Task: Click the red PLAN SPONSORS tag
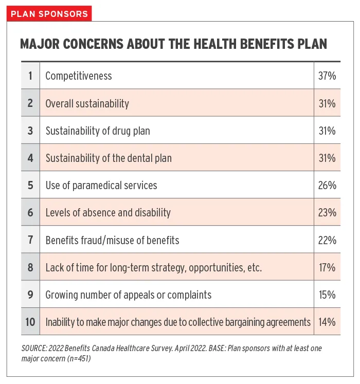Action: [49, 13]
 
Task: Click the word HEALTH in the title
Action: [215, 44]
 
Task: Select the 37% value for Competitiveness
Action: [327, 76]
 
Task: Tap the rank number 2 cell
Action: [30, 103]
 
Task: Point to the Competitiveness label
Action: [79, 76]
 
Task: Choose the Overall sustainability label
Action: [87, 104]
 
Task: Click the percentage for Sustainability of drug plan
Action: [327, 131]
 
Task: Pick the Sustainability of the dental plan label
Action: [109, 158]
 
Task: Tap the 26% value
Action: [327, 185]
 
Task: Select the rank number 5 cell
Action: [30, 185]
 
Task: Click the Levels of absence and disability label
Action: [108, 213]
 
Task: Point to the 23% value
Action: [327, 213]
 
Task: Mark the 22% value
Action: [327, 240]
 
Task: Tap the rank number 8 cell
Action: [30, 267]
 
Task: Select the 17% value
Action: [327, 267]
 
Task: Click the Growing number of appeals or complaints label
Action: [129, 295]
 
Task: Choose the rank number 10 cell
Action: [30, 322]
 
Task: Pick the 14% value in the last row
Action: [327, 322]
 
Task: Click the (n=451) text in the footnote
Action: [78, 358]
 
